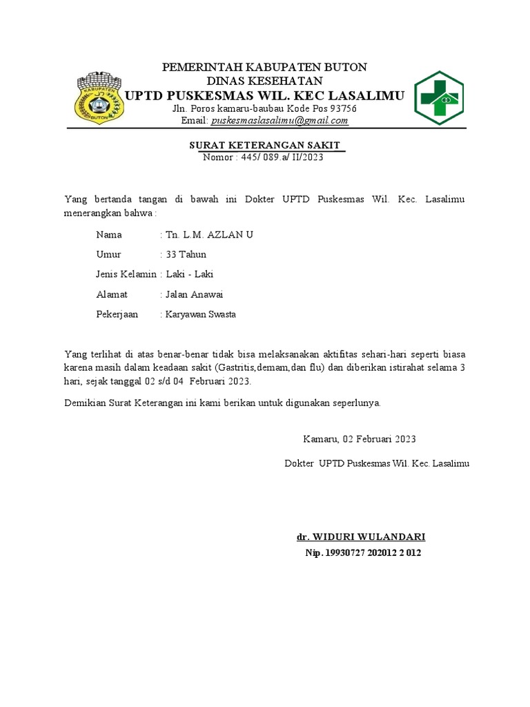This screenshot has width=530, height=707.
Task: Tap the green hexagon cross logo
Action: point(439,98)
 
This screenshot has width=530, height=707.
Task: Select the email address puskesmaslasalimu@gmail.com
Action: point(279,121)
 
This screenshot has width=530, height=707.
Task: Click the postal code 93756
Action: point(344,109)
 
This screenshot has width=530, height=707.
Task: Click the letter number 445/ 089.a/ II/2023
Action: point(282,157)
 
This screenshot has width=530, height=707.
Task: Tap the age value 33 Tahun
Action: point(186,255)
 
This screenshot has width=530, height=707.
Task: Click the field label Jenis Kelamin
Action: point(126,275)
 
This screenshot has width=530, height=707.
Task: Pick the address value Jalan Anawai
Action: point(195,295)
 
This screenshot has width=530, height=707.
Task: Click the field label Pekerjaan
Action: point(117,315)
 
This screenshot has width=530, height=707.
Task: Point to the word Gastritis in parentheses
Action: point(238,367)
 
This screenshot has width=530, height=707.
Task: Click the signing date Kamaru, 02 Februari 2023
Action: point(360,439)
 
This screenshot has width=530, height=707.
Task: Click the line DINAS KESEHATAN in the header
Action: point(265,81)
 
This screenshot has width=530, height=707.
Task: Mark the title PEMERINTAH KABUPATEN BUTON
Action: point(264,67)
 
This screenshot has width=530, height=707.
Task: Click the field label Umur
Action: point(109,255)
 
